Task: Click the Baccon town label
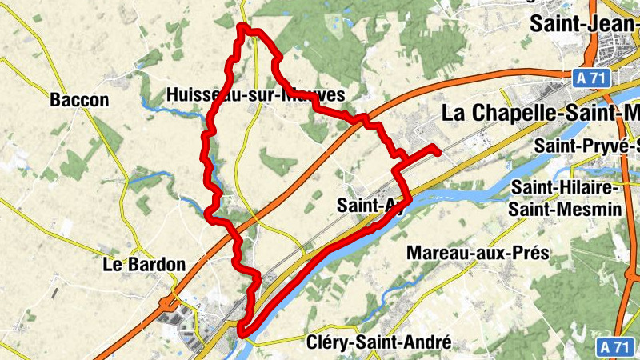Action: [x=78, y=100]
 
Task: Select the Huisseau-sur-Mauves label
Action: [x=255, y=94]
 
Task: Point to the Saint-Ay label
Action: [x=370, y=205]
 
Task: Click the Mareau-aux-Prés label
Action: [x=478, y=253]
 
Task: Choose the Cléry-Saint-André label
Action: [x=379, y=342]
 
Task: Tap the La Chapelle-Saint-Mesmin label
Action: [x=541, y=114]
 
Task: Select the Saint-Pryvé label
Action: [x=587, y=146]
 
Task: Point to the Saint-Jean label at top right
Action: [x=585, y=24]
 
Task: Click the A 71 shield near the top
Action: [x=592, y=77]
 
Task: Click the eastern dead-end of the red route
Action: [x=437, y=149]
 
